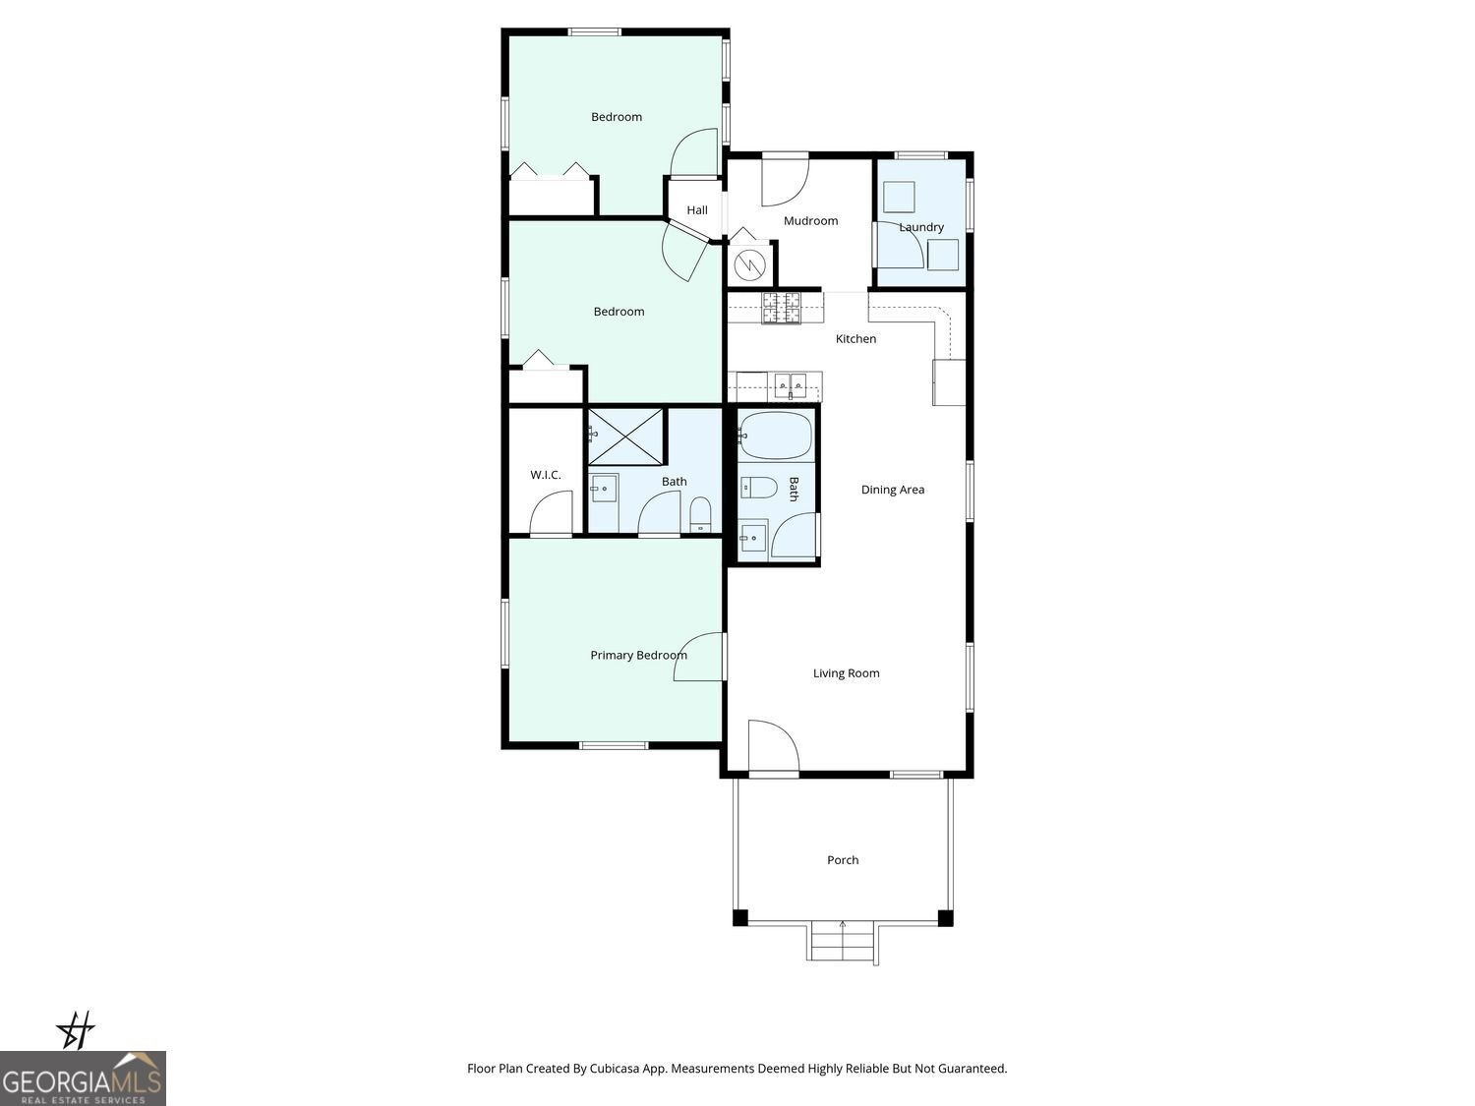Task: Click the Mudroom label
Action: point(810,221)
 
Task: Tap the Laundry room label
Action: point(921,227)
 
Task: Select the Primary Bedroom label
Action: point(638,656)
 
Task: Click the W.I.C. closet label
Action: point(546,475)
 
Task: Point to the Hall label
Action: point(697,210)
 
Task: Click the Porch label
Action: point(843,860)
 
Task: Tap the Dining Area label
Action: point(892,490)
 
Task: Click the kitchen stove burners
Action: point(782,308)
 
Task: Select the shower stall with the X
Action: point(625,437)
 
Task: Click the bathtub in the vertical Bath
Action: point(776,436)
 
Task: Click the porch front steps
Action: point(843,943)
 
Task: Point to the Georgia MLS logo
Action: point(83,1078)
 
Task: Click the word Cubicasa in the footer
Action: point(616,1069)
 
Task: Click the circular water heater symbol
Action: point(750,264)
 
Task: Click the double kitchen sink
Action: point(790,382)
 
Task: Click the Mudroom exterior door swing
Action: point(785,180)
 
